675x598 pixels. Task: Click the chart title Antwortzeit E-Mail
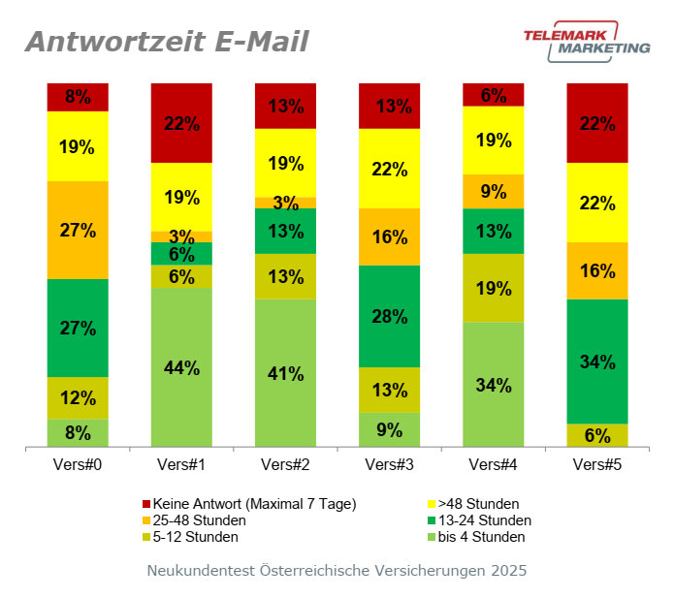point(167,42)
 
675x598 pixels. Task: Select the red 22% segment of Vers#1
point(181,123)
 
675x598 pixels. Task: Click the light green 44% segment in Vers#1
point(181,367)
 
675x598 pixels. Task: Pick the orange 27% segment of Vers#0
point(78,230)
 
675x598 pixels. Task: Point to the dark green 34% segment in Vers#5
point(597,362)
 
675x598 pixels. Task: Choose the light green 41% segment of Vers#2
point(286,373)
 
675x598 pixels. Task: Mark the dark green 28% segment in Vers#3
point(390,316)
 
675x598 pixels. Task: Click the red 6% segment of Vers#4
point(494,94)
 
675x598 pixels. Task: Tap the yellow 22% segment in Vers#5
point(597,203)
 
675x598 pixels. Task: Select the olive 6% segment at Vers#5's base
point(597,435)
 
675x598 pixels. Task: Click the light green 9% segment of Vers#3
point(390,429)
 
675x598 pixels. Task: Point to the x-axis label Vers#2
point(286,464)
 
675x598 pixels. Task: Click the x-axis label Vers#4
point(494,464)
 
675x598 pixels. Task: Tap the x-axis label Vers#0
point(78,464)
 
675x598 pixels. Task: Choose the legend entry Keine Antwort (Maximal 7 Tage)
point(248,504)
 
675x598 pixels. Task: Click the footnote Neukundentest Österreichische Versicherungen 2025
point(337,571)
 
